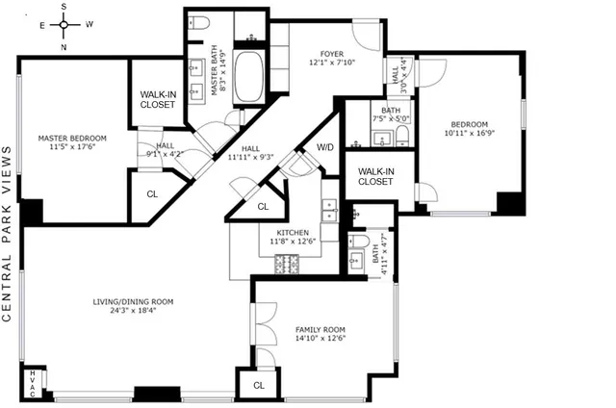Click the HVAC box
(34, 379)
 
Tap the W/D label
(325, 147)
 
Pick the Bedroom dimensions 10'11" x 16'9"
(470, 135)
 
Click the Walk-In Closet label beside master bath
(156, 99)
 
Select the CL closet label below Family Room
(258, 385)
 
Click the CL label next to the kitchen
(263, 207)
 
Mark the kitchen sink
(330, 210)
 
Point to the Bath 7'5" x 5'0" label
(391, 115)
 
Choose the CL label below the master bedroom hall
(152, 193)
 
